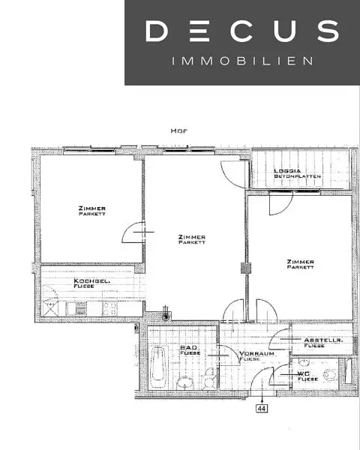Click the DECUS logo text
point(241,31)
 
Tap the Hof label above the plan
point(178,130)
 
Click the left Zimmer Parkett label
point(91,210)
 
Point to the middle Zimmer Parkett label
point(192,239)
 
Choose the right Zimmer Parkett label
point(300,264)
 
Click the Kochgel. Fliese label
point(92,283)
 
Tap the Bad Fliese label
point(188,351)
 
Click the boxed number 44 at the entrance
point(262,409)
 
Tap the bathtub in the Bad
point(158,364)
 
